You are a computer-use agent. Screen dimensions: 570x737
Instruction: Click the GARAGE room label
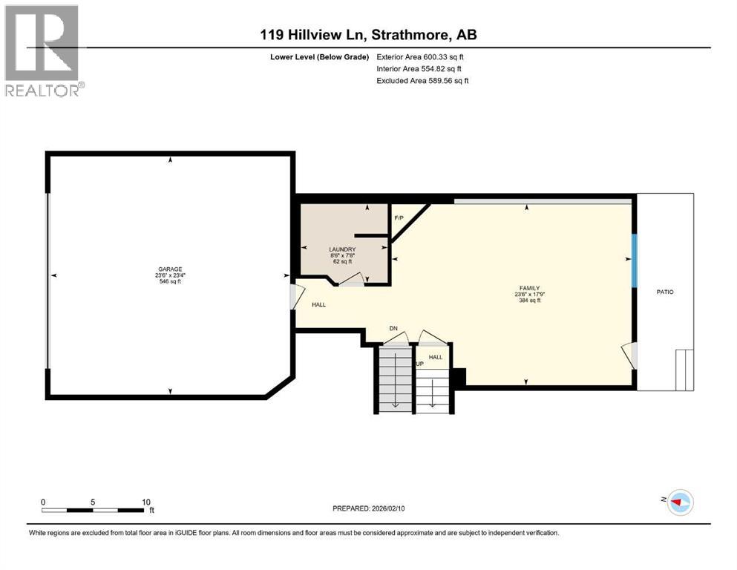click(169, 269)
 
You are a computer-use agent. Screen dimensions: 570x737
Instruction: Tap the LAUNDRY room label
click(342, 249)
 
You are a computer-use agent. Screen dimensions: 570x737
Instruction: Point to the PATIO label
click(665, 292)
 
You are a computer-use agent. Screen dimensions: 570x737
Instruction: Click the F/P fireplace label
click(399, 218)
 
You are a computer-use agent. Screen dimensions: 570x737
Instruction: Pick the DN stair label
click(394, 329)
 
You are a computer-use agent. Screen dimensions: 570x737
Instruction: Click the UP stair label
click(419, 364)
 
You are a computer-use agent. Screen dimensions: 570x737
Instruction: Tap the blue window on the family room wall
click(634, 260)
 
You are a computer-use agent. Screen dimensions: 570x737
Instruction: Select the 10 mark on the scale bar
click(146, 501)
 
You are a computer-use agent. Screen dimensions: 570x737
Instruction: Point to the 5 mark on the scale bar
click(93, 501)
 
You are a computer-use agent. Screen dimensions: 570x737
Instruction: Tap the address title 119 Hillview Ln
click(368, 35)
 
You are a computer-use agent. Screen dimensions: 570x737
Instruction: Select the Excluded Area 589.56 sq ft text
click(422, 80)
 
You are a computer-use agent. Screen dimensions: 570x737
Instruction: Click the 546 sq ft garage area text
click(169, 282)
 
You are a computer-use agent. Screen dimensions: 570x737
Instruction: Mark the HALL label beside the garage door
click(318, 304)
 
